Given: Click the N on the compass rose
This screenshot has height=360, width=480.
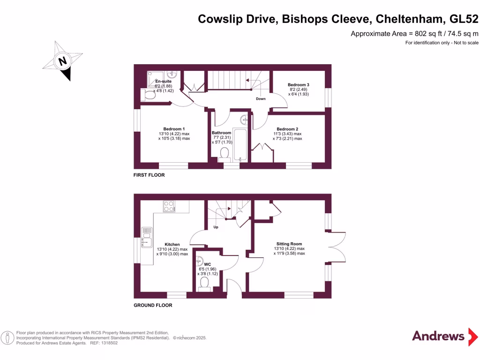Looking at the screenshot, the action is pyautogui.click(x=62, y=61).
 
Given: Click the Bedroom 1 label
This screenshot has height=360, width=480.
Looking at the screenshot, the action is pyautogui.click(x=174, y=129).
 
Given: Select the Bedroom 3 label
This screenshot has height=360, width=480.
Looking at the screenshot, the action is pyautogui.click(x=299, y=84).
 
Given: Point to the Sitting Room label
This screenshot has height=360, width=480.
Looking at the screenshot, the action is pyautogui.click(x=289, y=244).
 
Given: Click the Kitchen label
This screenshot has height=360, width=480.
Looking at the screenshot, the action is pyautogui.click(x=172, y=244).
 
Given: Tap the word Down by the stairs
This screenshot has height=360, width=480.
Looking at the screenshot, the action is pyautogui.click(x=261, y=98).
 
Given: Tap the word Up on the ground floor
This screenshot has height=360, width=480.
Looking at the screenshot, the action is pyautogui.click(x=216, y=227).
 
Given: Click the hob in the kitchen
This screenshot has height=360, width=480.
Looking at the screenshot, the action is pyautogui.click(x=169, y=206).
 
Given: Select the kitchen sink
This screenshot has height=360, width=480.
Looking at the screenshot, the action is pyautogui.click(x=147, y=237).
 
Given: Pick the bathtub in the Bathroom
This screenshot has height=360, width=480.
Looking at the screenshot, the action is pyautogui.click(x=240, y=145).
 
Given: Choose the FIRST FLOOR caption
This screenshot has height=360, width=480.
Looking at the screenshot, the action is pyautogui.click(x=149, y=175).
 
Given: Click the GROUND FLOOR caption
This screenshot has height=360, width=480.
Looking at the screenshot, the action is pyautogui.click(x=153, y=305).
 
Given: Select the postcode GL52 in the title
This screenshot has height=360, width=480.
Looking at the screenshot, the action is pyautogui.click(x=464, y=19).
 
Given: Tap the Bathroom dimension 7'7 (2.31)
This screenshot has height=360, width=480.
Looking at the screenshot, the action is pyautogui.click(x=222, y=137).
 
